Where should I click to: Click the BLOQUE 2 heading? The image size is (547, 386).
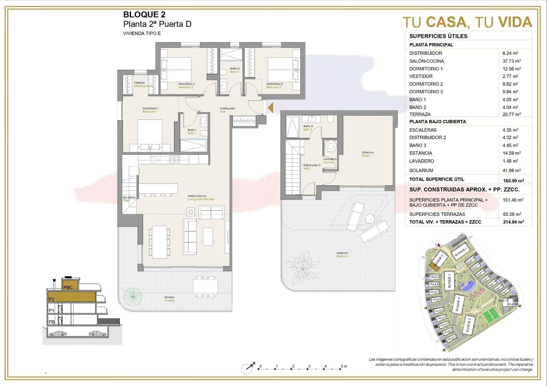[144, 14]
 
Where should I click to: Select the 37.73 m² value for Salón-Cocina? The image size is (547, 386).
[511, 61]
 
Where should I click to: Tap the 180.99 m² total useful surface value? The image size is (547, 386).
[513, 180]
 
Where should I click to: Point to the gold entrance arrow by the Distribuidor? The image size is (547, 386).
[270, 108]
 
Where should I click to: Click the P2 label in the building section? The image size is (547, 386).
[52, 299]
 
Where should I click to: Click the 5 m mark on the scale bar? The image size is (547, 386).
[342, 367]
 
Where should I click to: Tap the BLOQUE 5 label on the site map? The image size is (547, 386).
[468, 325]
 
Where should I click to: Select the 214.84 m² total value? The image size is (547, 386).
[513, 222]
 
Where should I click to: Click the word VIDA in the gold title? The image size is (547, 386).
[515, 23]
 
